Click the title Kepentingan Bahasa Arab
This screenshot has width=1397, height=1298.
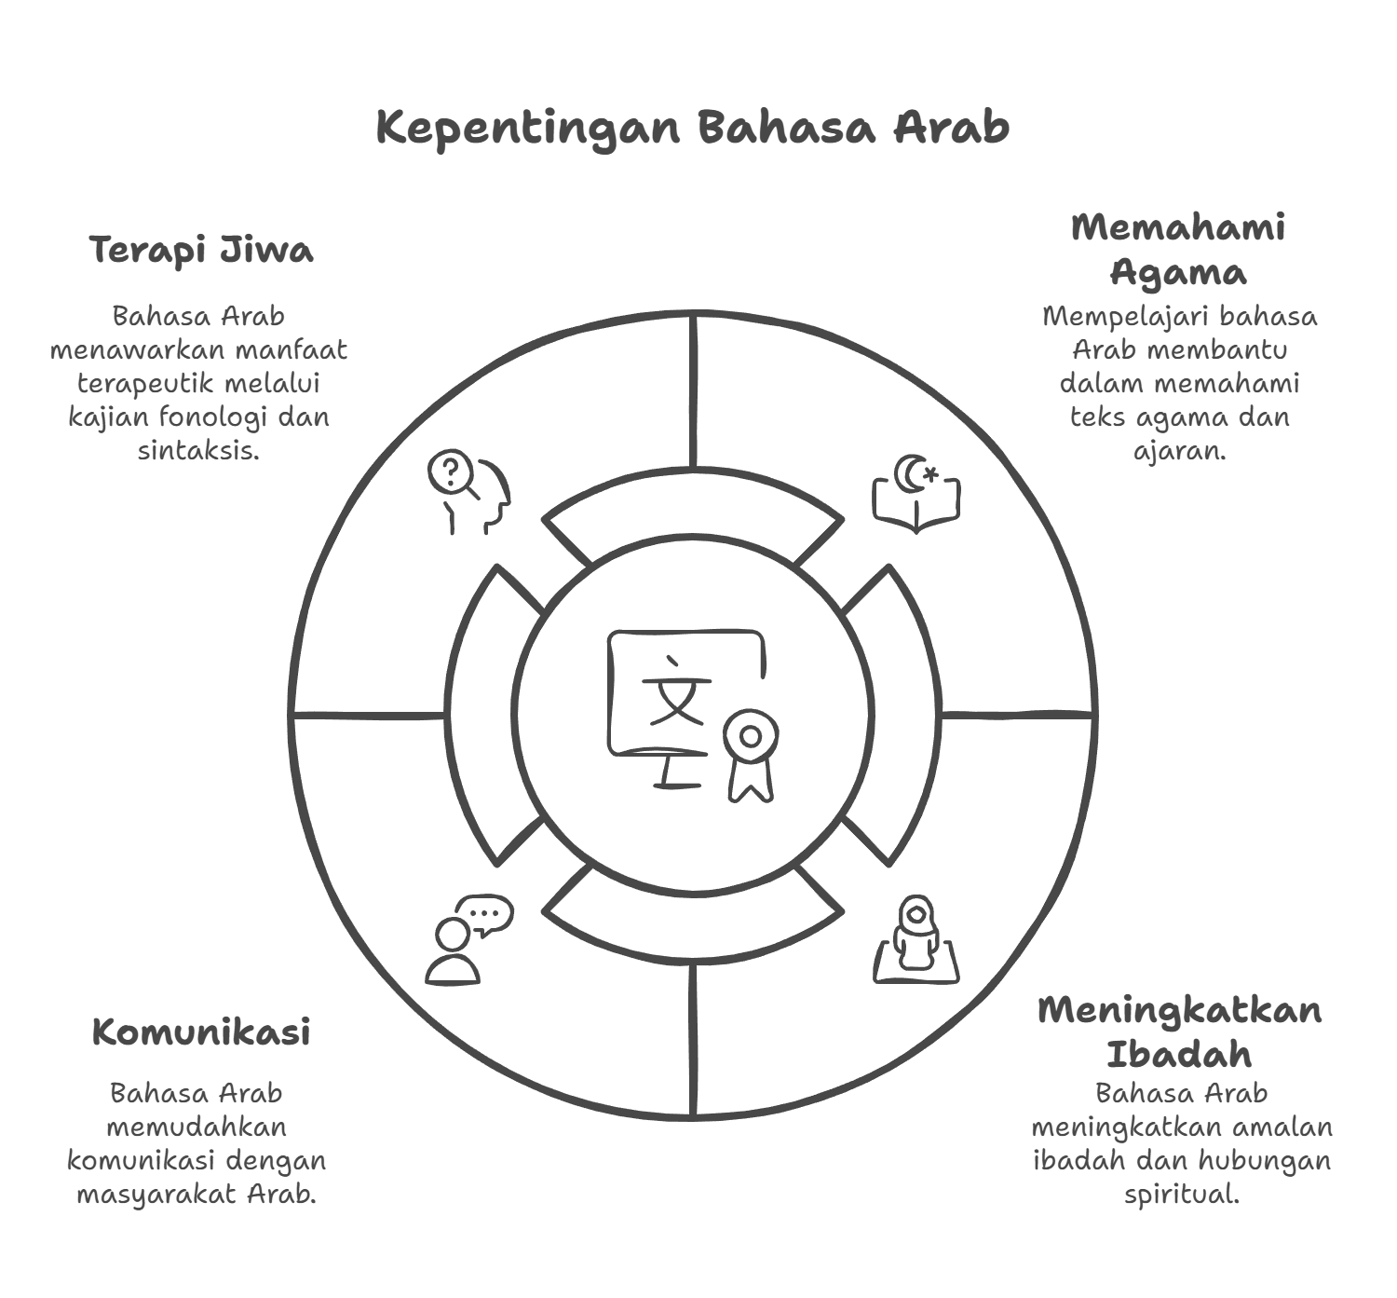click(693, 128)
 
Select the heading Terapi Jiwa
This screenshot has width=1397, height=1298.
click(201, 251)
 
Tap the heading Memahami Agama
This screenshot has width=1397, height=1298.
click(1178, 250)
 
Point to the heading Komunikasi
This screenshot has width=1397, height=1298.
click(201, 1032)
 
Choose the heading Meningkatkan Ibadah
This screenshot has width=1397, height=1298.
click(1180, 1032)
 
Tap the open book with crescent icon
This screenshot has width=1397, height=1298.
click(916, 494)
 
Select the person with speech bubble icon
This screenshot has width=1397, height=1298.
click(469, 939)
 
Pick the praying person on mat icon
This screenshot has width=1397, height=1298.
click(916, 939)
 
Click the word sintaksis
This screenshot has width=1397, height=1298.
click(199, 450)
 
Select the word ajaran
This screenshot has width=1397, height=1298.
click(1180, 451)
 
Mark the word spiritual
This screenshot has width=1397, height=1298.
click(1181, 1194)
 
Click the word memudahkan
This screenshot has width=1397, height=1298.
click(197, 1127)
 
